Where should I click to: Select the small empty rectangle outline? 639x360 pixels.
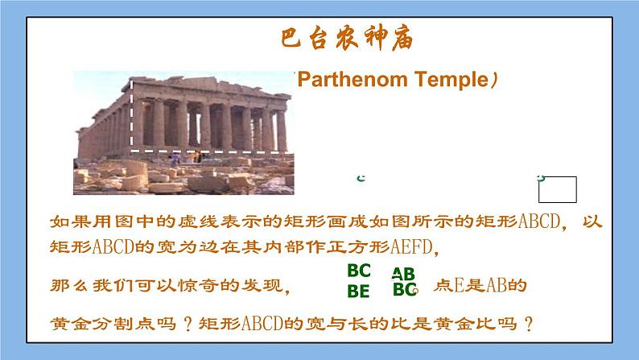(x=558, y=189)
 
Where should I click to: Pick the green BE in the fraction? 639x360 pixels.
(x=358, y=291)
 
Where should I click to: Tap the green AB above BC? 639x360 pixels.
(x=403, y=274)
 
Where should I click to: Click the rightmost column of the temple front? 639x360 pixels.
(x=281, y=130)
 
